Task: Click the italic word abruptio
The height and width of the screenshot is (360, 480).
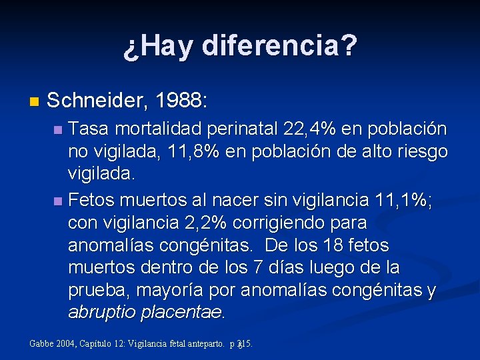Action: [x=100, y=313]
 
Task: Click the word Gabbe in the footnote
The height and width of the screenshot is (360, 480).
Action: [x=43, y=344]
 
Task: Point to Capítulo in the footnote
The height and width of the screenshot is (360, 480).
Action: [x=99, y=344]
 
